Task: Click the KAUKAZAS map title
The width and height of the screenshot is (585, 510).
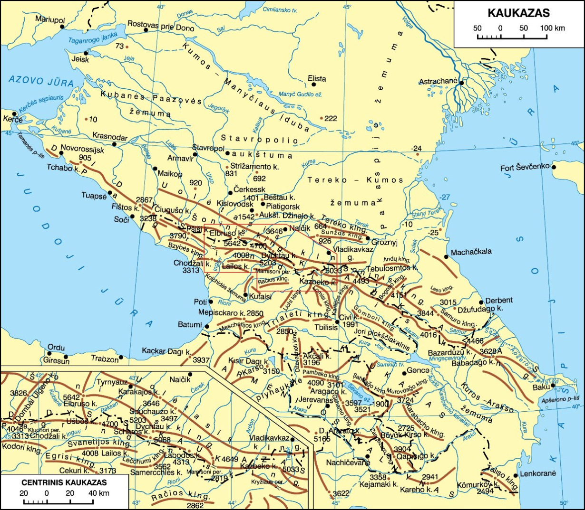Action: [x=518, y=13]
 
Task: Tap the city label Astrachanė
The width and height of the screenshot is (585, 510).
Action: [x=438, y=82]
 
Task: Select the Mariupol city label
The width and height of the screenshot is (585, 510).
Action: [x=49, y=19]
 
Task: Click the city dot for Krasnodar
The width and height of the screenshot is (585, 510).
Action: [x=114, y=144]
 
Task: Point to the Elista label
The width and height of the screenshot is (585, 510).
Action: [x=317, y=78]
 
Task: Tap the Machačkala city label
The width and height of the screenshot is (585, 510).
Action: [x=471, y=252]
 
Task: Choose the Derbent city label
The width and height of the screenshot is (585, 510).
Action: [x=499, y=300]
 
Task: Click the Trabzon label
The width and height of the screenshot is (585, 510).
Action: [x=105, y=359]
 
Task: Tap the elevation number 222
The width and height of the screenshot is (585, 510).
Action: [x=331, y=118]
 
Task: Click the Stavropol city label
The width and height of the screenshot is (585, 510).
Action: [x=208, y=149]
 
